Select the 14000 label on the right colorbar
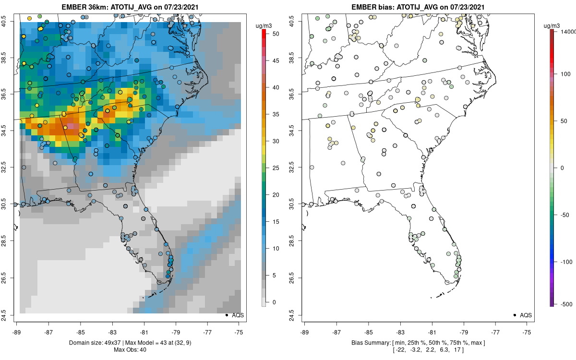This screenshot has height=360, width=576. pos(568,31)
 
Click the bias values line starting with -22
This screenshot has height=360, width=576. pos(418,351)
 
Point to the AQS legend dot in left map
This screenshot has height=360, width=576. pos(227,315)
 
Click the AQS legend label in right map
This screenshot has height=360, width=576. pos(526,315)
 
